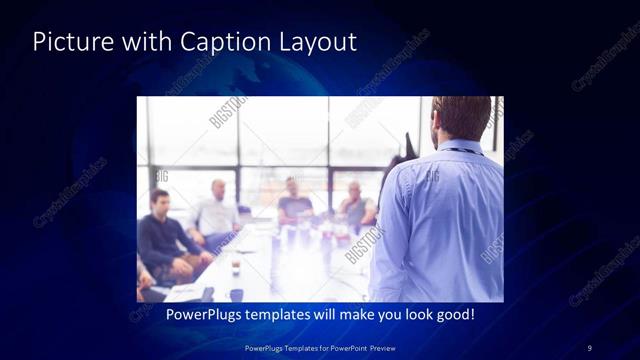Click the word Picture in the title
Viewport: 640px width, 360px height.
click(68, 42)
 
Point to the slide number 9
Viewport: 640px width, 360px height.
click(590, 347)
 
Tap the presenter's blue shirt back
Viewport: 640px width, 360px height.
click(440, 220)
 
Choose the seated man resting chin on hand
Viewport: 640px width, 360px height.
click(355, 205)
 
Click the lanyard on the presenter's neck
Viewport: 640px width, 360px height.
click(460, 151)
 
